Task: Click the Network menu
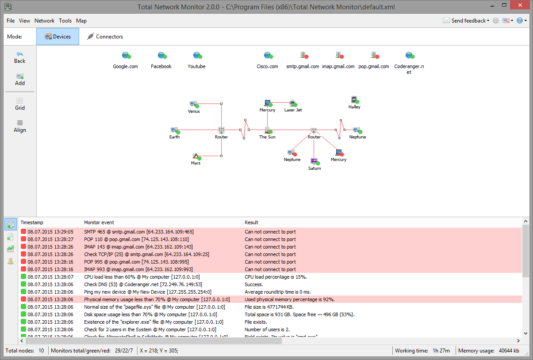pyautogui.click(x=44, y=21)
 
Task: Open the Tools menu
pyautogui.click(x=65, y=21)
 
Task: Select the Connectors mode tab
pyautogui.click(x=105, y=37)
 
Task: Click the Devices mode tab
pyautogui.click(x=58, y=37)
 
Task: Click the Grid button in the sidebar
pyautogui.click(x=20, y=103)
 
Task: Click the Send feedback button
pyautogui.click(x=467, y=21)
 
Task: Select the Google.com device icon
pyautogui.click(x=126, y=55)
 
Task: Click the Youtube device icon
pyautogui.click(x=197, y=55)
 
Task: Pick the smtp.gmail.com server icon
pyautogui.click(x=303, y=55)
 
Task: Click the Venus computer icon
pyautogui.click(x=193, y=104)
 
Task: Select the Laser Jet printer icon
pyautogui.click(x=292, y=103)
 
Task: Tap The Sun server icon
pyautogui.click(x=267, y=130)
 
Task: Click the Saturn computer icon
pyautogui.click(x=314, y=161)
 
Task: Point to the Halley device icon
pyautogui.click(x=354, y=100)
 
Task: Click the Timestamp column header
pyautogui.click(x=32, y=222)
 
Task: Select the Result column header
pyautogui.click(x=252, y=222)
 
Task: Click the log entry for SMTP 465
pyautogui.click(x=138, y=232)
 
